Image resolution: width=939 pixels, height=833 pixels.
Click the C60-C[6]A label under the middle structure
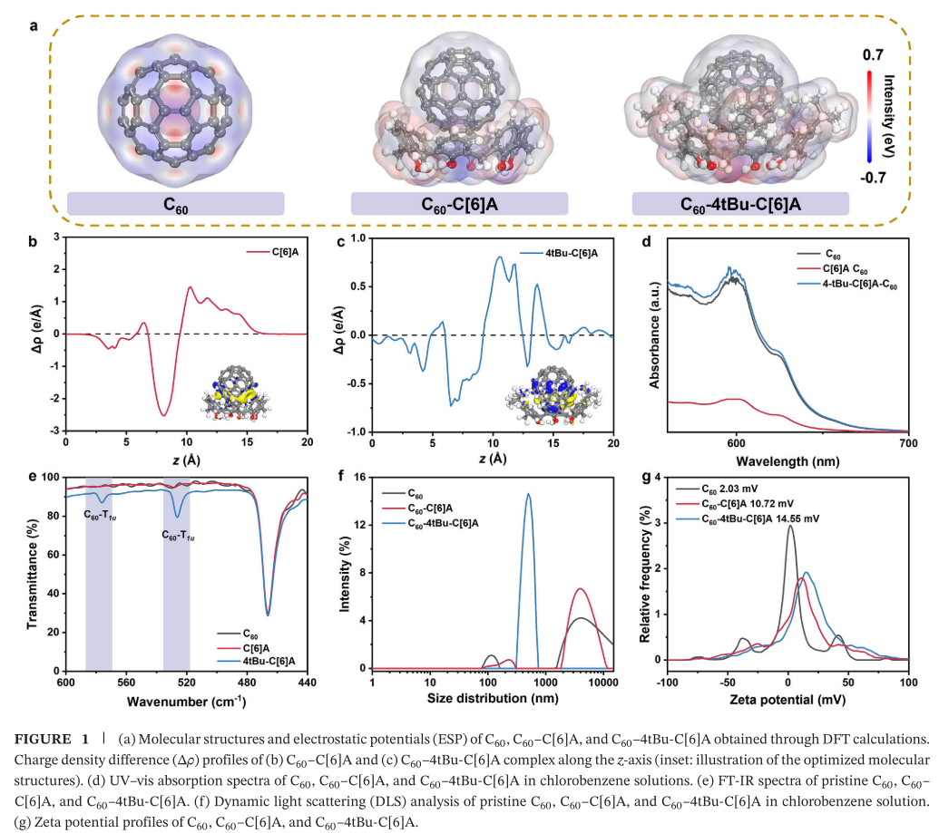[459, 205]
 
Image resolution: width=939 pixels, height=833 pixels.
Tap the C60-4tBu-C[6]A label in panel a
[740, 205]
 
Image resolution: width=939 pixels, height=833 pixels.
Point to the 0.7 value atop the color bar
[873, 55]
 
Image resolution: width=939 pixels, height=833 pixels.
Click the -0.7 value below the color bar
[873, 178]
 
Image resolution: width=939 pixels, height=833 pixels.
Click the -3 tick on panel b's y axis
[56, 431]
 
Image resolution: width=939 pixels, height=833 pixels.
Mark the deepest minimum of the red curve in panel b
[163, 415]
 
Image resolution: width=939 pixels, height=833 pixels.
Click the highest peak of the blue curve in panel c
[500, 257]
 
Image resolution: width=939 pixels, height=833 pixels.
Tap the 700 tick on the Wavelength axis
[908, 443]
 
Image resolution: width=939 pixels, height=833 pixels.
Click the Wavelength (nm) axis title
[787, 461]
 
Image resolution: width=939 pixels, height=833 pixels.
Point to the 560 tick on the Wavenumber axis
[126, 683]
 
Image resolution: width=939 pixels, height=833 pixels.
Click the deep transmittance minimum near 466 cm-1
[268, 615]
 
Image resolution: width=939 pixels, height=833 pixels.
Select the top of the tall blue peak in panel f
[528, 494]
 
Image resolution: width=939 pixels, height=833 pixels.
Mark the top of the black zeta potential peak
[790, 526]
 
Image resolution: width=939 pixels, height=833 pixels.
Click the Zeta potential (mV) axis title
[787, 700]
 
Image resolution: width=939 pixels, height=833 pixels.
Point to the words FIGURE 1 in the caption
[52, 739]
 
